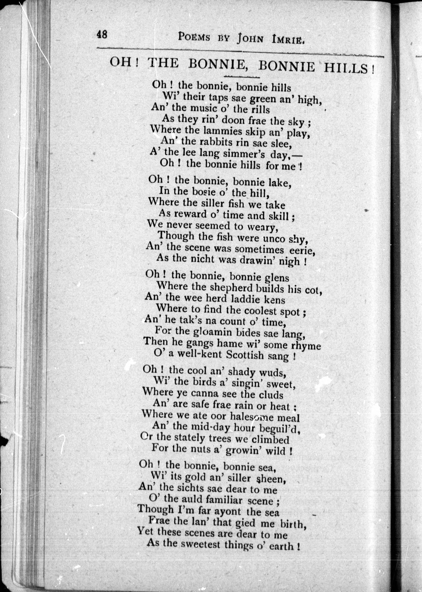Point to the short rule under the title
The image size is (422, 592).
(x=242, y=77)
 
